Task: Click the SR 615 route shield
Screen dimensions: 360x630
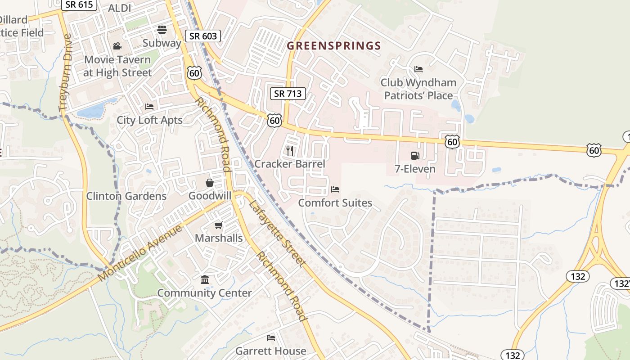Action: point(79,5)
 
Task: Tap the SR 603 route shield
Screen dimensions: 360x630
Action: point(203,36)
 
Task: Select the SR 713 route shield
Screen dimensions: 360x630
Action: point(288,94)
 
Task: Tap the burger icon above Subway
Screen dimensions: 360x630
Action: point(162,30)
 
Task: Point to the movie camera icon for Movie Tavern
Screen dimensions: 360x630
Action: point(117,46)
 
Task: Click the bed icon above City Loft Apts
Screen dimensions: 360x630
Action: point(149,107)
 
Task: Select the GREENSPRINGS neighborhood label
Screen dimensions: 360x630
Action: point(334,45)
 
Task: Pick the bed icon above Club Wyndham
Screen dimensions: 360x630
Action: point(418,69)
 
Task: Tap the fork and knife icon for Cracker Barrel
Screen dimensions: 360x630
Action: point(290,150)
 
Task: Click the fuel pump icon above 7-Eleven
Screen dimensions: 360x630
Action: point(414,156)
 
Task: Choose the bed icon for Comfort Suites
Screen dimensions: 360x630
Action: point(335,189)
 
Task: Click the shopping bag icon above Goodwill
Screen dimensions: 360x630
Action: point(210,183)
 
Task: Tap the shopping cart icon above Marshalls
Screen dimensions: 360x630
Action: point(219,225)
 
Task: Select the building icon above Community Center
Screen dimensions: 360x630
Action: point(205,280)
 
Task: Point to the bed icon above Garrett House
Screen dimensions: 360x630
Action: point(270,337)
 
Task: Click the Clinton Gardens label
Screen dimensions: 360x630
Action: point(126,196)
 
